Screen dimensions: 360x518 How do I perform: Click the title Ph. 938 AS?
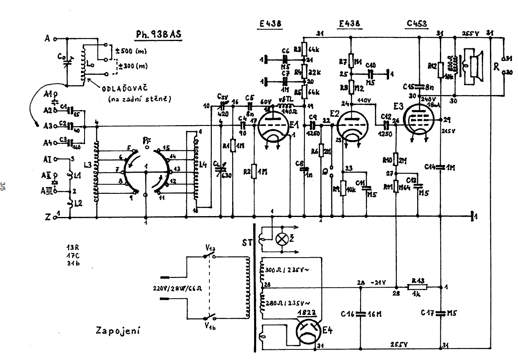coord(159,35)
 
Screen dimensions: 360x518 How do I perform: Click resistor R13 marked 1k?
coord(418,287)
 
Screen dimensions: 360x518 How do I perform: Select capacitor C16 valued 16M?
coord(360,314)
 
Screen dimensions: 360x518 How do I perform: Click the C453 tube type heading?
coord(417,24)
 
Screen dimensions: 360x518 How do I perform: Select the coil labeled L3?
coord(97,171)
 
